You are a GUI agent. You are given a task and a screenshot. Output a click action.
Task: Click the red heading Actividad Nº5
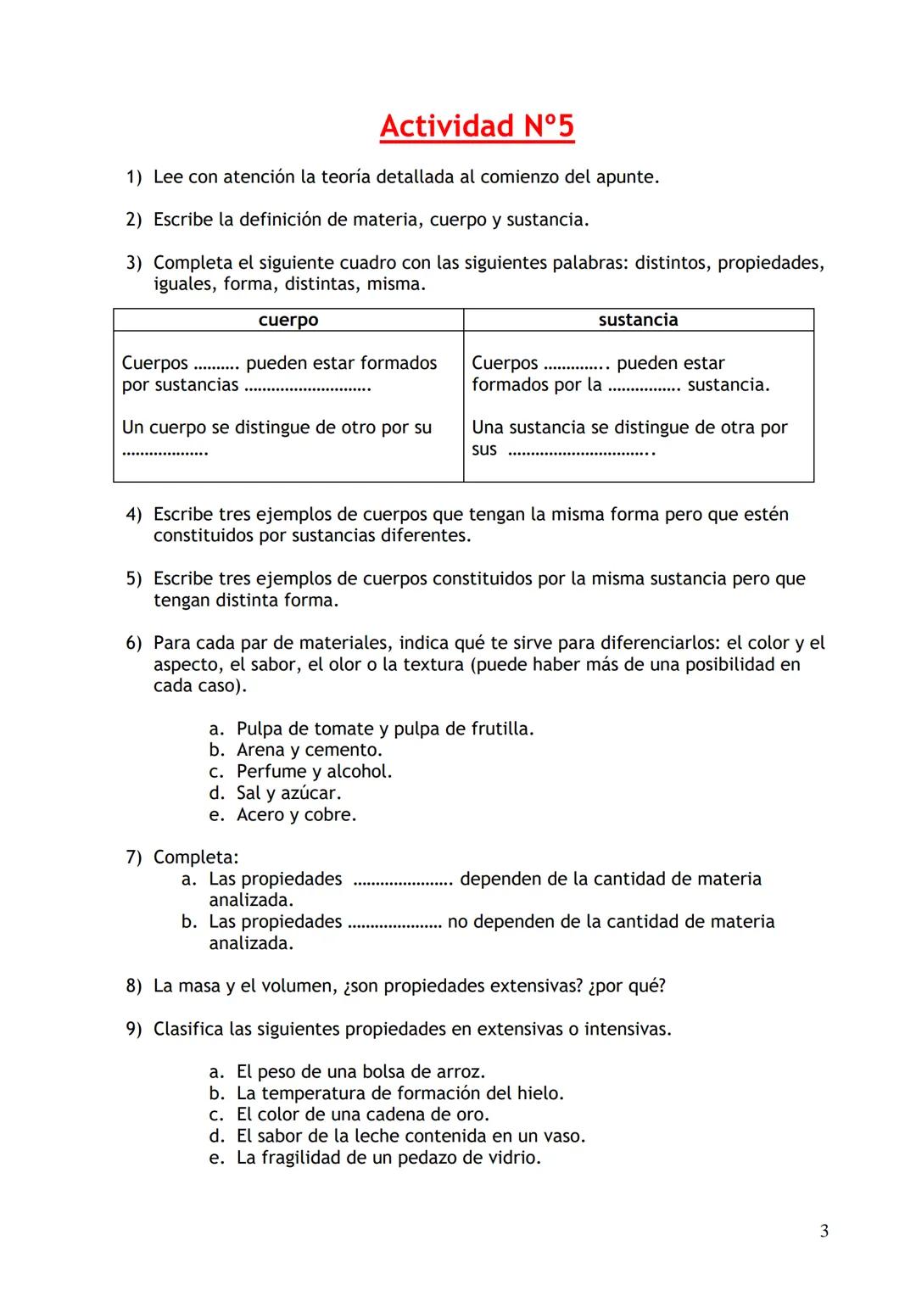click(x=477, y=126)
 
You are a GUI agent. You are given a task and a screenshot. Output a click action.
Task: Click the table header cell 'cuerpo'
click(x=288, y=320)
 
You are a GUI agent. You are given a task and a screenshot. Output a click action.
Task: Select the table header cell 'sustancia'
click(x=638, y=320)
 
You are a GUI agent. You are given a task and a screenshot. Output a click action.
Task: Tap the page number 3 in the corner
click(x=824, y=1232)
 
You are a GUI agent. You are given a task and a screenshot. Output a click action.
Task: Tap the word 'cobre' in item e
click(x=330, y=815)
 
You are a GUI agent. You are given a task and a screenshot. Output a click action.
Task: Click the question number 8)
click(x=134, y=986)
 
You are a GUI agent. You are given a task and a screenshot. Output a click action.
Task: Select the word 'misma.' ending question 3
click(x=396, y=284)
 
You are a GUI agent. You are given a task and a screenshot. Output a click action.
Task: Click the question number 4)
click(x=134, y=515)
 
